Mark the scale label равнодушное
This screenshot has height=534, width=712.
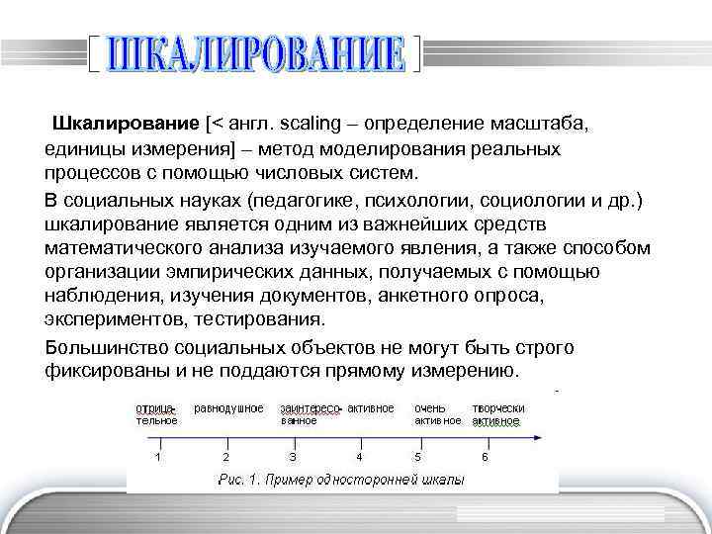(x=228, y=407)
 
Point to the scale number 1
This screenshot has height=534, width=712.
(x=158, y=457)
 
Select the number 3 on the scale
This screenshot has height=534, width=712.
(x=292, y=457)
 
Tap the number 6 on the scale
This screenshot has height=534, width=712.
(x=485, y=457)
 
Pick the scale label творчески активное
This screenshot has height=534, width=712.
(x=497, y=413)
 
